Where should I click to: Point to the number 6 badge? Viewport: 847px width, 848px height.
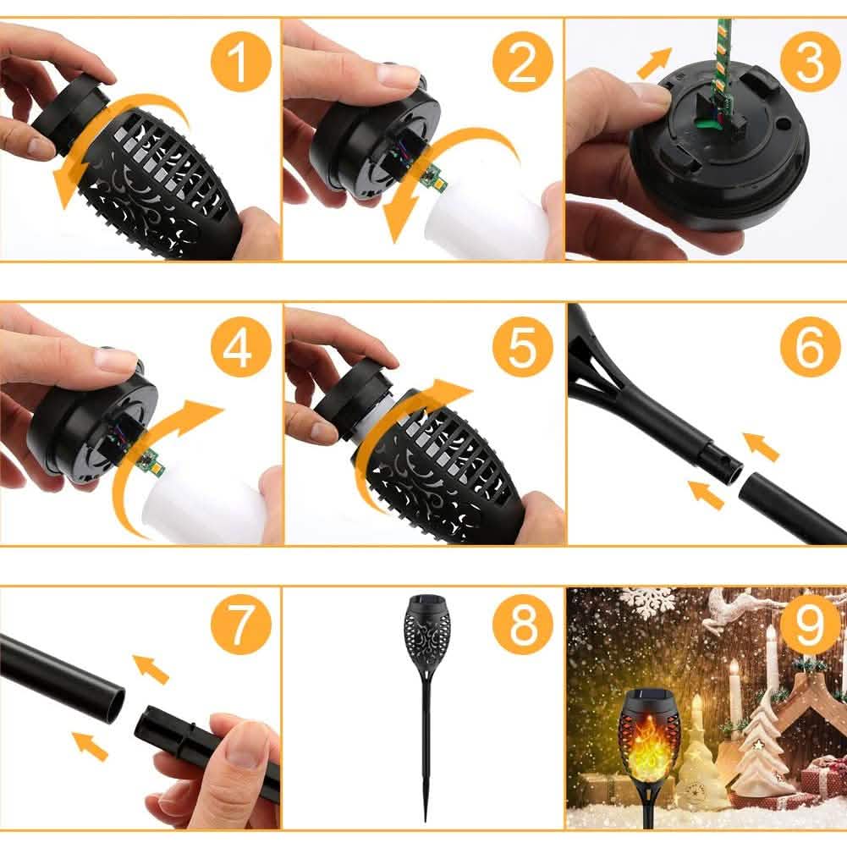coord(809,347)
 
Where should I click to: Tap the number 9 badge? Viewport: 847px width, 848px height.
coord(809,630)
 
